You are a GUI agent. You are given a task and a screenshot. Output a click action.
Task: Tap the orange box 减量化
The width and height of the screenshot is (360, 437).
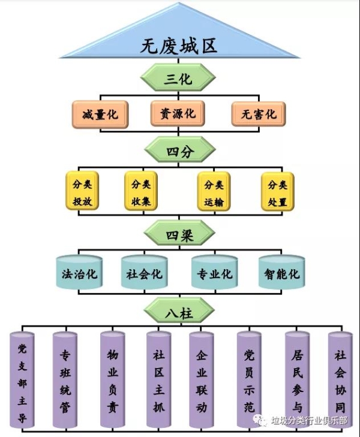[100, 114]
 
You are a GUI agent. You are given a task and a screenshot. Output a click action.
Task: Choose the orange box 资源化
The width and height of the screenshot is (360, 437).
[177, 113]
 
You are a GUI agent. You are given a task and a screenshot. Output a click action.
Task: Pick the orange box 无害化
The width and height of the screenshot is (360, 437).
[258, 114]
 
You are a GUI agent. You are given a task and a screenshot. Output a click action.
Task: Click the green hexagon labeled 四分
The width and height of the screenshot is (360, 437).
[178, 152]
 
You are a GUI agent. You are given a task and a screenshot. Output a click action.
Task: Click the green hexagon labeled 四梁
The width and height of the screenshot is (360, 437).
[178, 236]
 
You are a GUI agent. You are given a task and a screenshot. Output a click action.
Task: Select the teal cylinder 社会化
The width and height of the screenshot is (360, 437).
[144, 273]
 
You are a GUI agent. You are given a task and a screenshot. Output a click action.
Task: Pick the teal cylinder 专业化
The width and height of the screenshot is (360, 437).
[214, 273]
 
